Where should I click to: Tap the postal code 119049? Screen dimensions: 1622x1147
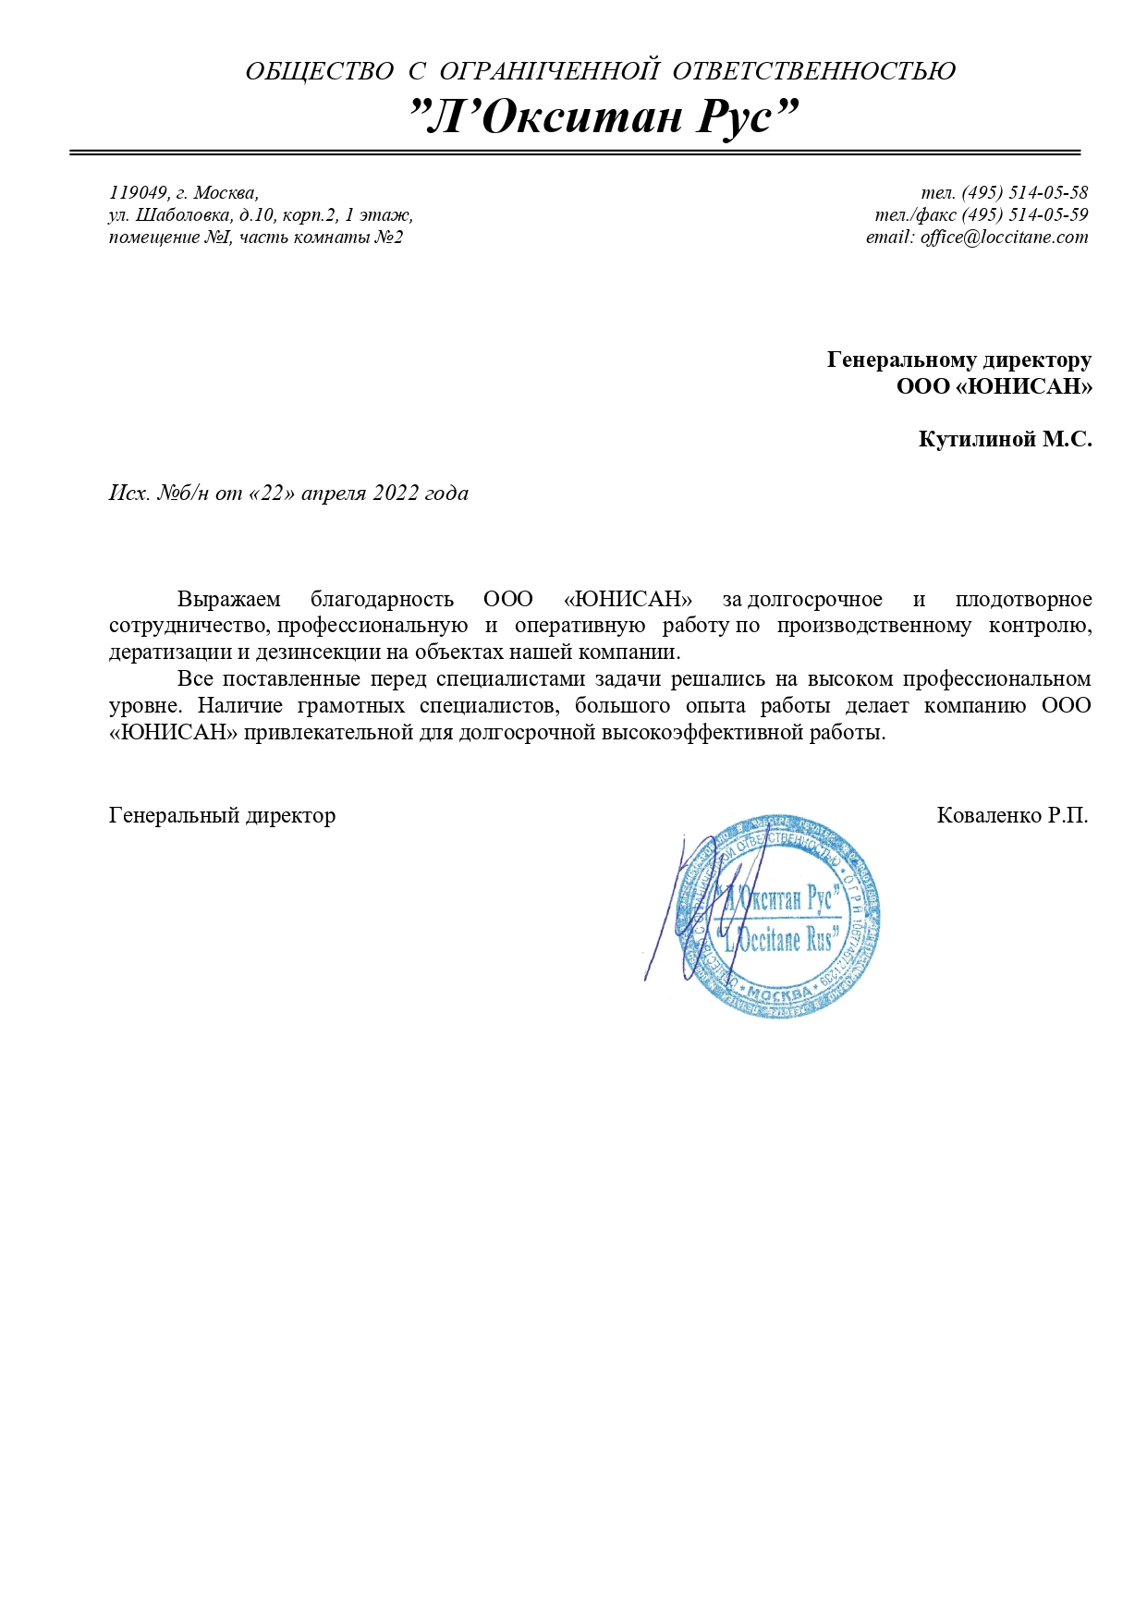coord(139,193)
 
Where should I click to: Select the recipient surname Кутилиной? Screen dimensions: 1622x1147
coord(977,439)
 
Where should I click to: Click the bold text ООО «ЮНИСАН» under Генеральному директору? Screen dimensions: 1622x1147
coord(994,385)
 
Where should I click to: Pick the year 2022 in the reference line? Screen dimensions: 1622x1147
coord(396,494)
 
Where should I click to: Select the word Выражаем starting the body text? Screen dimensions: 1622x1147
coord(228,600)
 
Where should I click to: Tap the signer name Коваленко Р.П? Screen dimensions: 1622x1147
coord(1012,815)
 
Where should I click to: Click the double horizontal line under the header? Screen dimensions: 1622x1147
coord(575,152)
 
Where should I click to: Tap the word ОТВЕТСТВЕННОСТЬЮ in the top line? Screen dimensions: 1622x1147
coord(813,71)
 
